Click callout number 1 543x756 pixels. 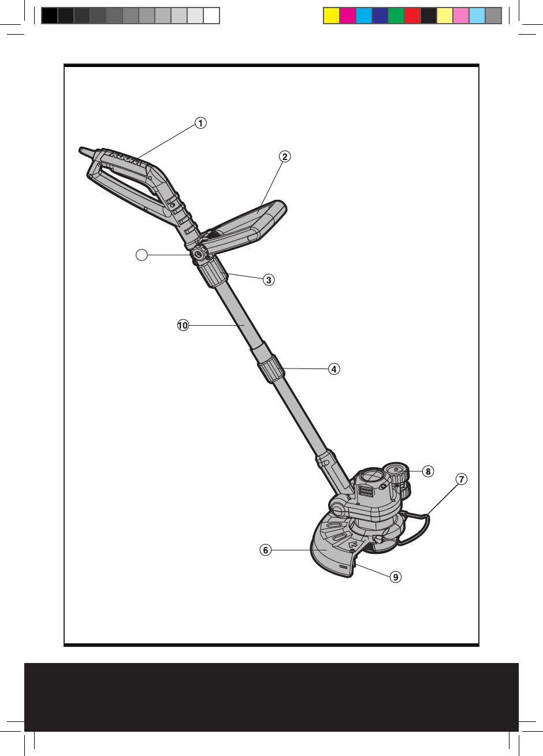[200, 122]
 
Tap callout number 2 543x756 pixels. [284, 156]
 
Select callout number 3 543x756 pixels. [268, 280]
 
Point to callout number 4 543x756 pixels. [333, 368]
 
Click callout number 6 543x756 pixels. [265, 550]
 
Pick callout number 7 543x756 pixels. [461, 479]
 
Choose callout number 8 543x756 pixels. [427, 471]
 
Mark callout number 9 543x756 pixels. [395, 576]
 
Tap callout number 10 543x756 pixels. [183, 326]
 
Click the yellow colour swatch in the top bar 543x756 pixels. [331, 16]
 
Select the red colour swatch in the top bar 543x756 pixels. [412, 16]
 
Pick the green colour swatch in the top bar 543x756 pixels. [396, 16]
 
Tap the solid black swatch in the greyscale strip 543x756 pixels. [50, 16]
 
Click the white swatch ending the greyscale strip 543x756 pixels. [211, 16]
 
